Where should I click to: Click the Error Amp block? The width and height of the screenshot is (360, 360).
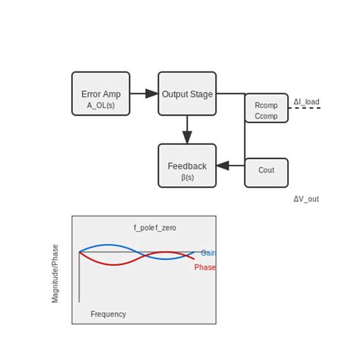pos(100,93)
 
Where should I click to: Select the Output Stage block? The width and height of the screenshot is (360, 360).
pos(187,93)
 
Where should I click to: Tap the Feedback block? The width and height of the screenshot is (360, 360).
pos(187,166)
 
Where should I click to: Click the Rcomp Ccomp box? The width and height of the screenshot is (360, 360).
pos(266,108)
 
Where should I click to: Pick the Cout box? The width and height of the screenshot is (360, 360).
pos(266,172)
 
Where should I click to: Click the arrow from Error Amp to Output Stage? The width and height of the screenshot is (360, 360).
pos(144,93)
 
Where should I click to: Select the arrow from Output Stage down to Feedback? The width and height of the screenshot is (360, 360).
pos(187,129)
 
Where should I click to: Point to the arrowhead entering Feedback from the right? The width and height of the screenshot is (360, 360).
pos(222,166)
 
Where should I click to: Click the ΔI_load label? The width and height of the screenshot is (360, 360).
pos(306,102)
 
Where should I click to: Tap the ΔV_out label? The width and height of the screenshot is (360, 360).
pos(306,199)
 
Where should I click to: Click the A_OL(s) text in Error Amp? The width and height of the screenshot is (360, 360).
pos(100,105)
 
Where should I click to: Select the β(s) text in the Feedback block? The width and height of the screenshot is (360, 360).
pos(187,177)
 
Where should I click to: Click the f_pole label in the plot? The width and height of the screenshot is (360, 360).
pos(144,228)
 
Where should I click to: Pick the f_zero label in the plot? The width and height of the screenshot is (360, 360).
pos(166,228)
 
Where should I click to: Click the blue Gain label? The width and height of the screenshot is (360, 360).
pos(208,253)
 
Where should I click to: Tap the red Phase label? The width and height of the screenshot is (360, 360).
pos(205,267)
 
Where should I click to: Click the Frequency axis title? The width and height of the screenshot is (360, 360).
pos(108,314)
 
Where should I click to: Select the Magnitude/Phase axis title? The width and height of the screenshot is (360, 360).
pos(55,273)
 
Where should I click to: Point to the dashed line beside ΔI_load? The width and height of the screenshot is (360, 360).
pos(305,108)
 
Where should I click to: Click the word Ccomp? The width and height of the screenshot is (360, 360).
pos(266,116)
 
